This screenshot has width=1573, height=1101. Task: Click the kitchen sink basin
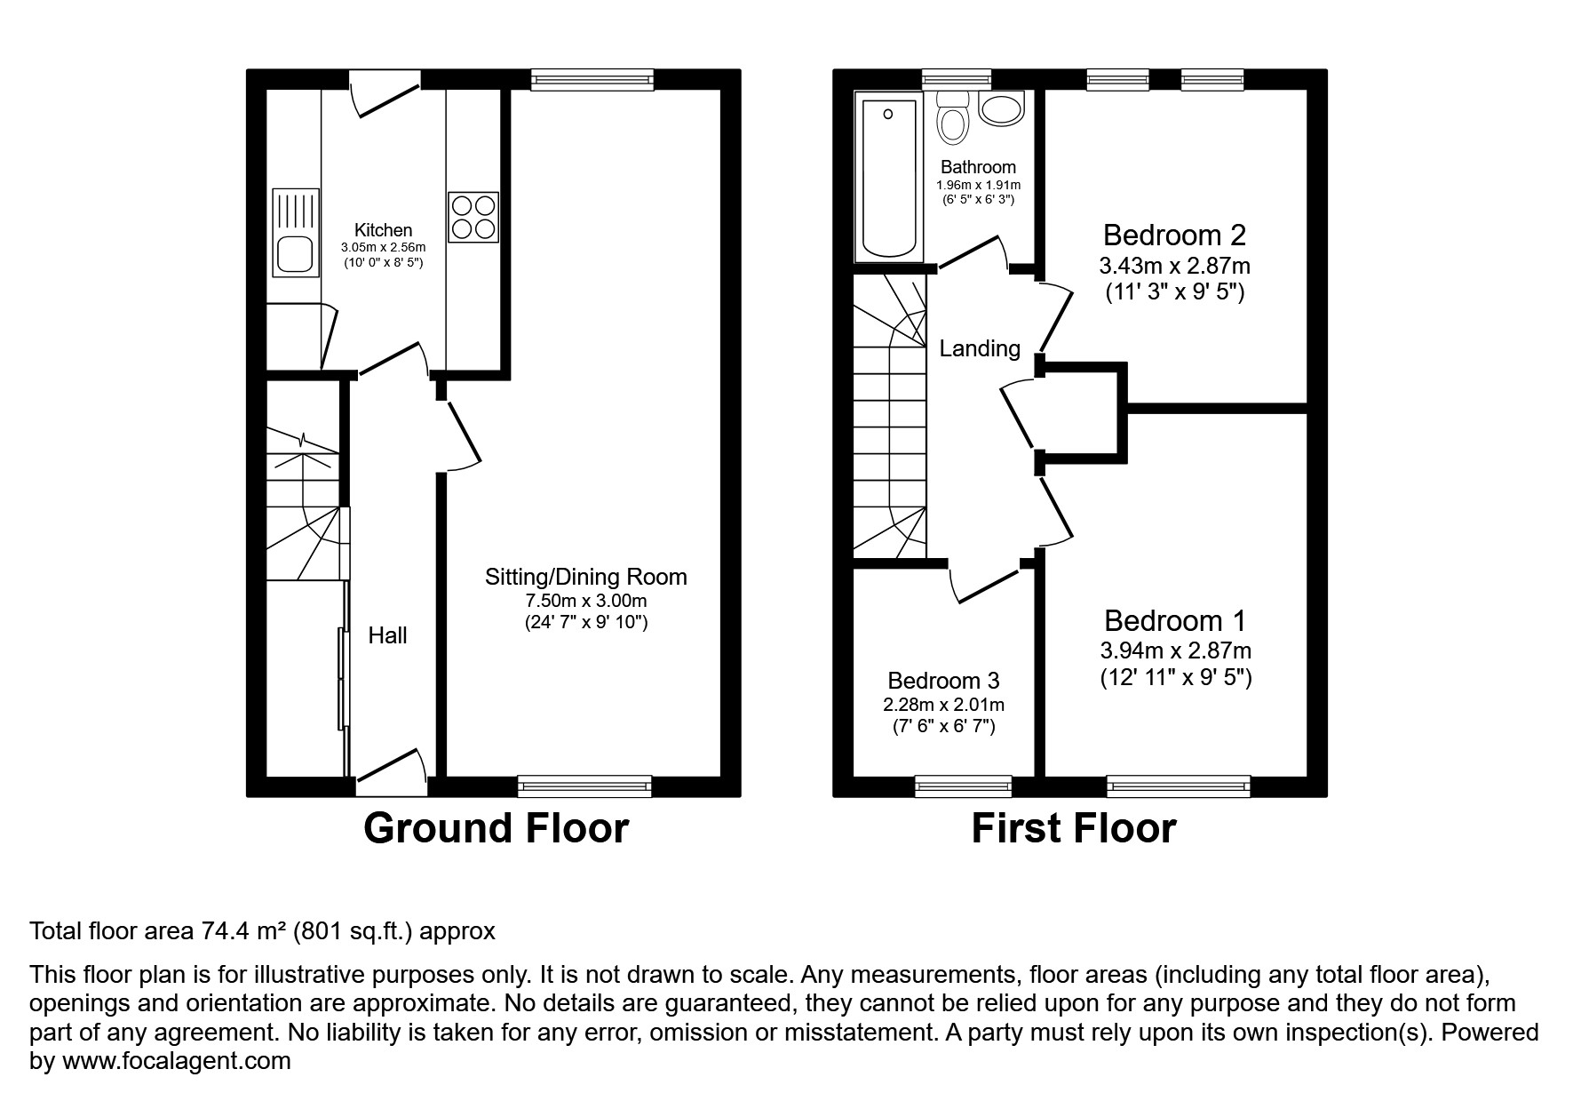coord(295,254)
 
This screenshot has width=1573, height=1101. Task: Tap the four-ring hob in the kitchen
coord(473,217)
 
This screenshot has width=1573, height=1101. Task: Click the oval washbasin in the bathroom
coord(1002,109)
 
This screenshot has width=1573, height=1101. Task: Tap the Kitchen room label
coord(384,230)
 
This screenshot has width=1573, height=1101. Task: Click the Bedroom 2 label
coord(1174,235)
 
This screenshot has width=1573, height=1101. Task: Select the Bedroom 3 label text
coord(943,681)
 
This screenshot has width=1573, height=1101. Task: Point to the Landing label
coord(980,348)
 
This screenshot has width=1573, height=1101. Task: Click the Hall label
coord(388,635)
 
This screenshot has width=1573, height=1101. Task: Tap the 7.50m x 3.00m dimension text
coord(585,601)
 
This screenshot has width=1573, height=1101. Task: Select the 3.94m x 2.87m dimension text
coord(1175,650)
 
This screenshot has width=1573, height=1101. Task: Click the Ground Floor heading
coord(496,828)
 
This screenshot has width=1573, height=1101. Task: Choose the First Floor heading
coord(1073,828)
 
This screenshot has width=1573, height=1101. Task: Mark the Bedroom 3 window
coord(963,785)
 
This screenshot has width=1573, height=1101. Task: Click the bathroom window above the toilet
coord(956,79)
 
